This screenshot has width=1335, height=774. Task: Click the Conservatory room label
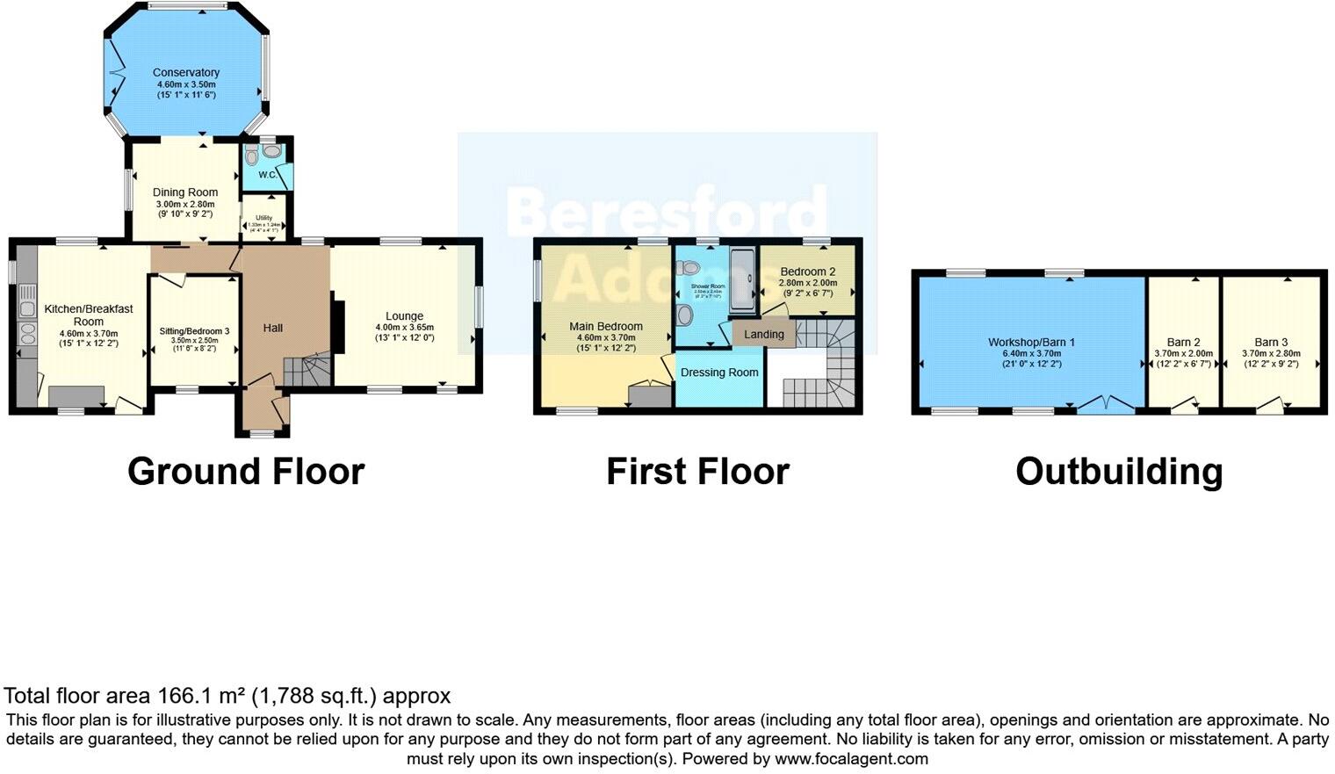185,73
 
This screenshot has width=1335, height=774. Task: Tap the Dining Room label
185,192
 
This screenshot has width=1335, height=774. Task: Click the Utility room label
263,218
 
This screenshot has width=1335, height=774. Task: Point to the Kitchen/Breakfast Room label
89,315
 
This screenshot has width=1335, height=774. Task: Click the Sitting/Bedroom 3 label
194,331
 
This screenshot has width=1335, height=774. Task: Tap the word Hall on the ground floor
273,328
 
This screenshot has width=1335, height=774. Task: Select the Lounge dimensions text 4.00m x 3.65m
404,328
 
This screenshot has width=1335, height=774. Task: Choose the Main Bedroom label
605,326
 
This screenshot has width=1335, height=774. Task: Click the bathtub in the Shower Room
743,279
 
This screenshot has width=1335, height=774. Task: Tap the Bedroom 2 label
807,271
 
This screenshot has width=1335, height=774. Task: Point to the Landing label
763,335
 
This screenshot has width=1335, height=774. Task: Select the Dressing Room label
719,373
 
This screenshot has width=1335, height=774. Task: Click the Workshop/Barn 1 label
1031,343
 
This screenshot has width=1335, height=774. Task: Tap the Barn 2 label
1183,343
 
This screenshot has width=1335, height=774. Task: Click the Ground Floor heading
246,472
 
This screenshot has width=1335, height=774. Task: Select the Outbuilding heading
1119,472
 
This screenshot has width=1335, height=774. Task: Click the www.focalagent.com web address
851,758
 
